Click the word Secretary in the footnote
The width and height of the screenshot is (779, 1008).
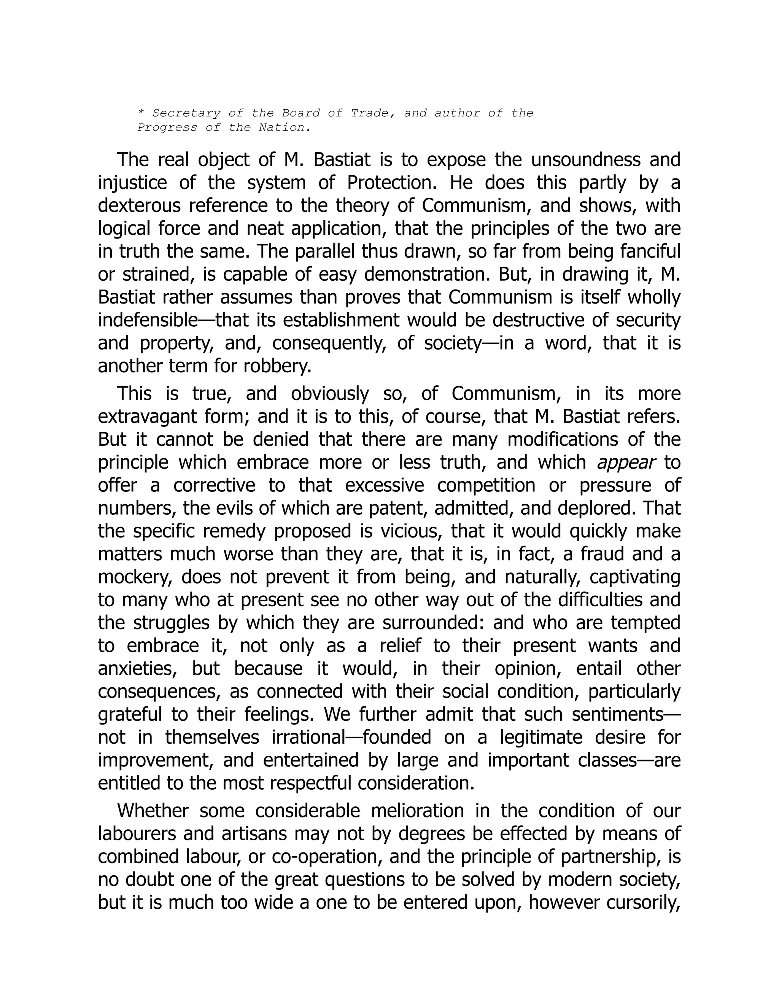coord(186,113)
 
